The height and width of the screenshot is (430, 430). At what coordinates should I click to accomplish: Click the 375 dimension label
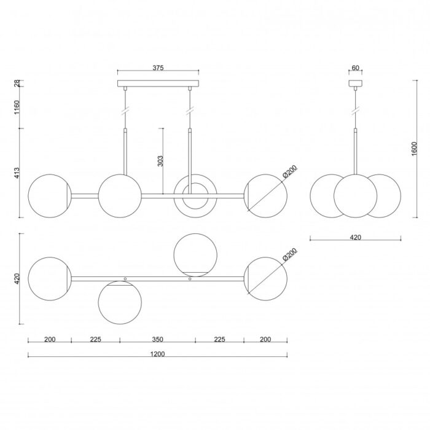[x=158, y=68]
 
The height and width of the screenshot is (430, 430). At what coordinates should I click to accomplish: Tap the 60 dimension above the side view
[x=355, y=68]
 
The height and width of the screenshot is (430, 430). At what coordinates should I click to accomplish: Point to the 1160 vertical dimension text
[x=17, y=107]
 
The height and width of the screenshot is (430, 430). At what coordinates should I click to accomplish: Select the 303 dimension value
[x=160, y=161]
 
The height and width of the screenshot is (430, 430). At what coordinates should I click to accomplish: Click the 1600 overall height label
[x=414, y=149]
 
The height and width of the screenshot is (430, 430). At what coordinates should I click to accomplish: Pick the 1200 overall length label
[x=158, y=354]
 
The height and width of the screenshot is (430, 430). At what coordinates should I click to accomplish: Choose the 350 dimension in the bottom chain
[x=158, y=340]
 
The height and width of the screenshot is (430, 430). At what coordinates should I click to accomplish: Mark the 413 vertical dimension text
[x=17, y=173]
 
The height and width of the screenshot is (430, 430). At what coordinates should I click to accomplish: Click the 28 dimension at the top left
[x=17, y=83]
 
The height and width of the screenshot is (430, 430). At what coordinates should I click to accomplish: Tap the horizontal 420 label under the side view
[x=356, y=237]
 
